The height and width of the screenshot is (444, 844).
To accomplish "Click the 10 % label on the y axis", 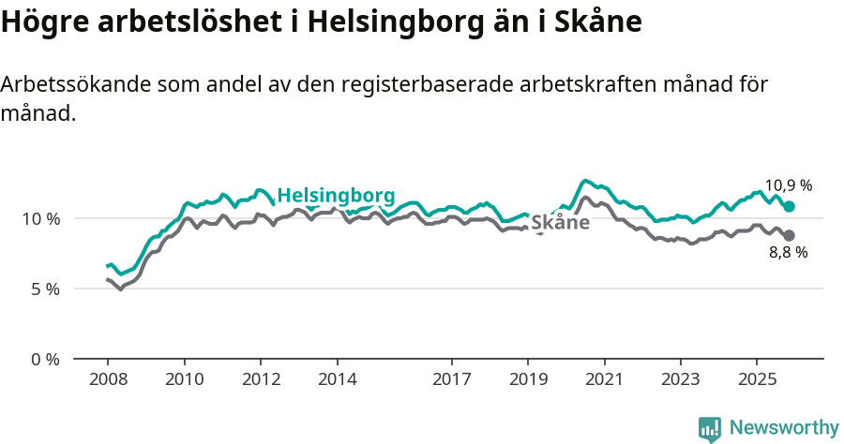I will (x=40, y=218).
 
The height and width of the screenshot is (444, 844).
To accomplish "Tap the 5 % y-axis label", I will (x=45, y=289).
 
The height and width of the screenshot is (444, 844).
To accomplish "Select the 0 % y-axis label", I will (x=45, y=359).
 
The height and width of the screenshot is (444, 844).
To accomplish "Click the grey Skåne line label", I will (x=561, y=223).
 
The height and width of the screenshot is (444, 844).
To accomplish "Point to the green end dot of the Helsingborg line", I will (x=790, y=206).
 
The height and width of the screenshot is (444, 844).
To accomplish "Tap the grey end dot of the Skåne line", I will (x=790, y=235).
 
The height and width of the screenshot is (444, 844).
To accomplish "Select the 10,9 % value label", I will (x=788, y=185).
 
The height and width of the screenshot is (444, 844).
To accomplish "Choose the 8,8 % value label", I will (x=788, y=252).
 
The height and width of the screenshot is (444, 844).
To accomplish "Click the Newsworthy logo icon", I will (x=710, y=429).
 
